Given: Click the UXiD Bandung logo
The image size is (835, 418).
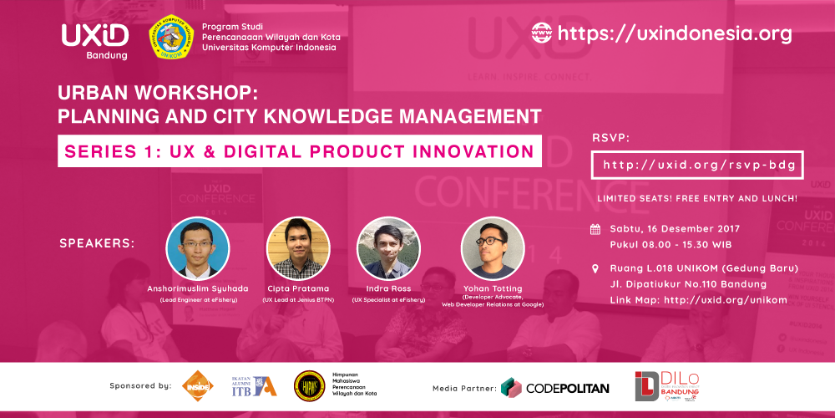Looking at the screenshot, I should point(94,38).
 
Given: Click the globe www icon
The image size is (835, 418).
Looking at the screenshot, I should point(541,33).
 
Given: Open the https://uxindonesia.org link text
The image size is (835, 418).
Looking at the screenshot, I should point(674,33).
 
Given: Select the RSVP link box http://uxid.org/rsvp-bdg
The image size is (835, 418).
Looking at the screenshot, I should point(698,166).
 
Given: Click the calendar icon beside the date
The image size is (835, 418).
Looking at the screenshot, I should point(595,228).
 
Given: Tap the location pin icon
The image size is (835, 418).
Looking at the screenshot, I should point(595,269).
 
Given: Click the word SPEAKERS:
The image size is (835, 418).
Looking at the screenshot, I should point(97,244).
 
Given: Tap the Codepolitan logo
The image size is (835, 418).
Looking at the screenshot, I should point(555,387).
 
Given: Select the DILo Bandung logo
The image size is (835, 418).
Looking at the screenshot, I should point(668,385).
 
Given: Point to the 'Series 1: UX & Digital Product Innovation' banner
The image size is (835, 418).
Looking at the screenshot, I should point(299,151).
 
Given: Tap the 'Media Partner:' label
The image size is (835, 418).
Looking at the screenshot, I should point(463,388).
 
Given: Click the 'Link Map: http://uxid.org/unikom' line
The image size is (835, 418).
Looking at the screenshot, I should point(698,299).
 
